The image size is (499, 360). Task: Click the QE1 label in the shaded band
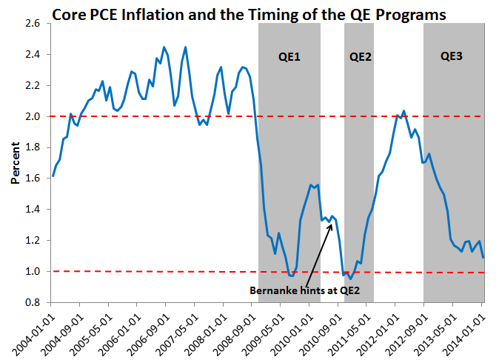coord(289,56)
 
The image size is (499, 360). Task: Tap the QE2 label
coord(360,56)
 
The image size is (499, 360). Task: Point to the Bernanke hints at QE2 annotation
coord(305,289)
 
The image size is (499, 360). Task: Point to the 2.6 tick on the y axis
coord(32,24)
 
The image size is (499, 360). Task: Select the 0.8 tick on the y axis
coord(32,303)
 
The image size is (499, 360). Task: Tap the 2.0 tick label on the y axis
coord(32,117)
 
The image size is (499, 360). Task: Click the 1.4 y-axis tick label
coord(32,210)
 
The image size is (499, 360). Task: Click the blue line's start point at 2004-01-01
coord(53,176)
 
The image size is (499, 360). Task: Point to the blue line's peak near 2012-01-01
coord(403,111)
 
